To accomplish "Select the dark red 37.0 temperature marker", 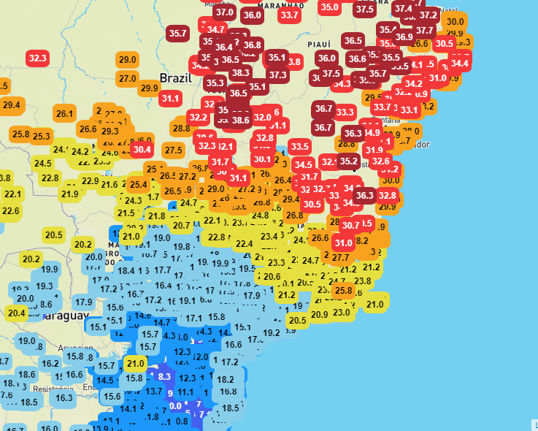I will point(224,12).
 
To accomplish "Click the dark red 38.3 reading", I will point(240,72).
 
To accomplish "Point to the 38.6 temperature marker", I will point(240,119).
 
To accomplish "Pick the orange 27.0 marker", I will point(128,78).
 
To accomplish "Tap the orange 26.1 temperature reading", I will point(65,113).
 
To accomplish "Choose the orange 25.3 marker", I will point(41,136).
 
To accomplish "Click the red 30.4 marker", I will point(141,149).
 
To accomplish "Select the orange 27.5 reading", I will point(173,150).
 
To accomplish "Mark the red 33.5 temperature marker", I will point(299,146).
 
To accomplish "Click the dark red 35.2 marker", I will point(349,161).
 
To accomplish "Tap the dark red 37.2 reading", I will point(428,15).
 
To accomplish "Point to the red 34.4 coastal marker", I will point(459,63).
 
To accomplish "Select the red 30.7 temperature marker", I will point(351,226).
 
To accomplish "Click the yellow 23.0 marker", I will point(342,312).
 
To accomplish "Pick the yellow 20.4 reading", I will point(16,313).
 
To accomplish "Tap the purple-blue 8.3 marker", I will point(164,376).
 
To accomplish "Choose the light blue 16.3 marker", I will point(64,397).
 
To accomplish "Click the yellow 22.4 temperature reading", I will point(244,243).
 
